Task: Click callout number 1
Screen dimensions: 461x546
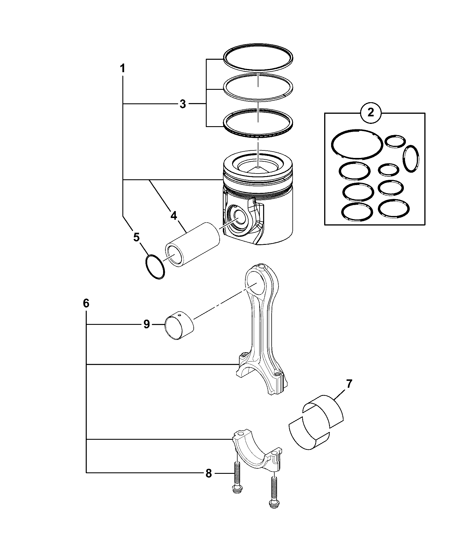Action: click(x=122, y=69)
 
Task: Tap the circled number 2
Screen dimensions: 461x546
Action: click(x=371, y=112)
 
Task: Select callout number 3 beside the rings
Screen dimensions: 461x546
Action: click(x=182, y=104)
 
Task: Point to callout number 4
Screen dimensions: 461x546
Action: click(x=173, y=216)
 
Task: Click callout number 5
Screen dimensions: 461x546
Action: click(x=136, y=237)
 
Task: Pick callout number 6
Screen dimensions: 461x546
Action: click(x=86, y=303)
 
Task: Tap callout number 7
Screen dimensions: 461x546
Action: click(x=349, y=384)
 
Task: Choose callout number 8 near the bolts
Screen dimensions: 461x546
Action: click(x=208, y=473)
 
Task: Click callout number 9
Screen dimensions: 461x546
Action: click(x=147, y=325)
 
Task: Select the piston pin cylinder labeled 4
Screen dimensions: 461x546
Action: click(x=192, y=244)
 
